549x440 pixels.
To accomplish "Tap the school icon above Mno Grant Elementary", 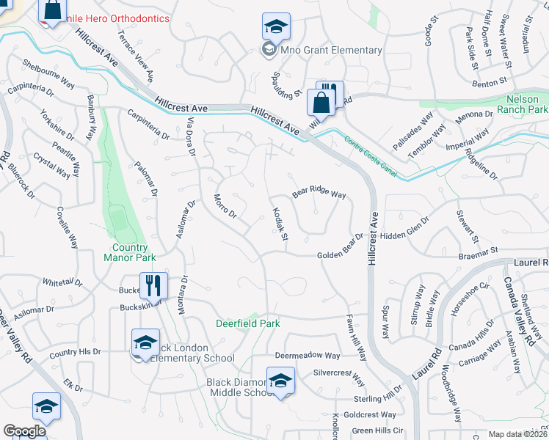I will pos(276,27).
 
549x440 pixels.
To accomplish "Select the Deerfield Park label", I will pos(248,323).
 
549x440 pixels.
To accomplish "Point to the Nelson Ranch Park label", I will pos(527,104).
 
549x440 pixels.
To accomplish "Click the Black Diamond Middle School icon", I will pos(280,381).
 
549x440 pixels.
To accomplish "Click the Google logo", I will pos(24,431).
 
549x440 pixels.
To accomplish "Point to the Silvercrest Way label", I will pos(338,378).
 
